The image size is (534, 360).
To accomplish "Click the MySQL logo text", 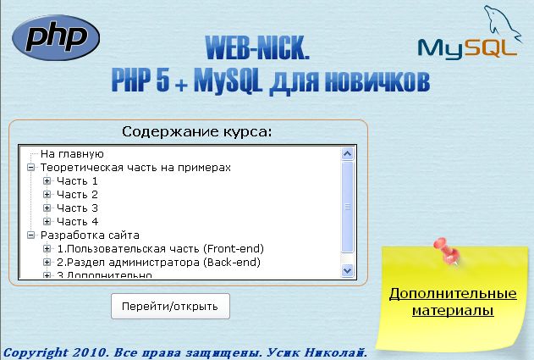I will tap(467, 47).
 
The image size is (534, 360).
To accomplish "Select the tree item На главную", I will tap(72, 154).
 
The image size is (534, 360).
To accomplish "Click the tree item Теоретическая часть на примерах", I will tap(135, 168).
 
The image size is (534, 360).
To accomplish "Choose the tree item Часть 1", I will tap(77, 181).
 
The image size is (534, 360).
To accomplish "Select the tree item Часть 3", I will tap(77, 208).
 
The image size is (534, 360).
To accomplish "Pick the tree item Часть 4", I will tap(77, 222).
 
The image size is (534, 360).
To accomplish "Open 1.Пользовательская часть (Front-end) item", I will tap(160, 249).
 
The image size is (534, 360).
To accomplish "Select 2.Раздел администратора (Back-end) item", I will tap(158, 263).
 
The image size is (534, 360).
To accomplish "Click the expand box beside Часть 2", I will tap(47, 195).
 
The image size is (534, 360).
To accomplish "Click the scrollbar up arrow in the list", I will tap(346, 154).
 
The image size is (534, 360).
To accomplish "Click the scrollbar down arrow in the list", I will tap(346, 269).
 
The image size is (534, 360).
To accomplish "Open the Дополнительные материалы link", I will tap(452, 302).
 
